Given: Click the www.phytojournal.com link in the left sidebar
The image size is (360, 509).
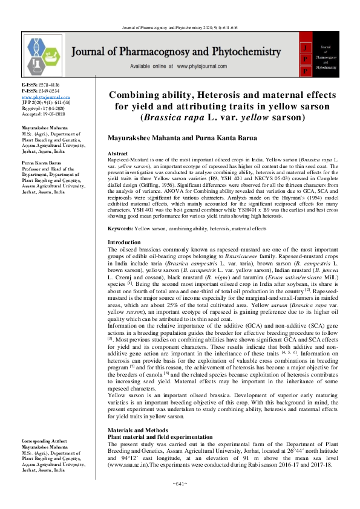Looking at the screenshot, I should (x=41, y=97).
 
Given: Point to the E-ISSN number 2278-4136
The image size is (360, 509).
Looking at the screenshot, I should (x=47, y=86).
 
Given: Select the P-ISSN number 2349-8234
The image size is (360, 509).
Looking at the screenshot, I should (x=47, y=91).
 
